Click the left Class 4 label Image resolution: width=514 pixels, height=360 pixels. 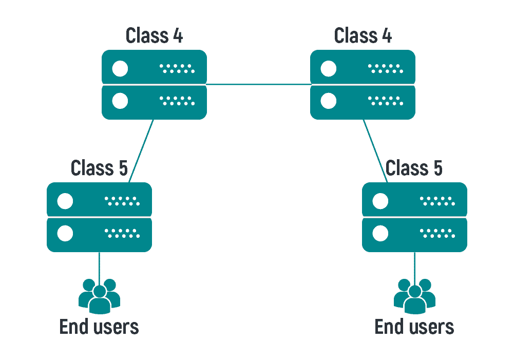coord(154,35)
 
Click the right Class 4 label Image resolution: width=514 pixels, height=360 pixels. coord(363,35)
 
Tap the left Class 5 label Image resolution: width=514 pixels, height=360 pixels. coord(99,168)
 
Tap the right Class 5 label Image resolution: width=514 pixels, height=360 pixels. coord(414,168)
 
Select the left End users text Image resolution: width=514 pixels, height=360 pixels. coord(99,327)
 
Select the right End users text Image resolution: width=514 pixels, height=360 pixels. coord(414,327)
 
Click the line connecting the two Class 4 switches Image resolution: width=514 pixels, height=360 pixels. coord(258,84)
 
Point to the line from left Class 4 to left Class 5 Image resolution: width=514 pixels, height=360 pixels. coord(141,151)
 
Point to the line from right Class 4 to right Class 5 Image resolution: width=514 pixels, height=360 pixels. coord(375,151)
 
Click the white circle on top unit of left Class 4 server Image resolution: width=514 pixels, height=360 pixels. coord(120,68)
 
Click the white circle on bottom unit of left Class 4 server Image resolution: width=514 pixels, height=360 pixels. coord(120,101)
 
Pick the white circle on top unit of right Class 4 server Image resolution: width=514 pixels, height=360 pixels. coord(329,68)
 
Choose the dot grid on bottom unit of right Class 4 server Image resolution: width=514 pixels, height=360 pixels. coord(386,101)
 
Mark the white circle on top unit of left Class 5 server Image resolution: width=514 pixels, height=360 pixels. coord(65,201)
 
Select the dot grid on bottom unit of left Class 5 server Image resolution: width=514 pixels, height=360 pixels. coord(122,234)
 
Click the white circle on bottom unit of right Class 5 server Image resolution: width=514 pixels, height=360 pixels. coord(380,234)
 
